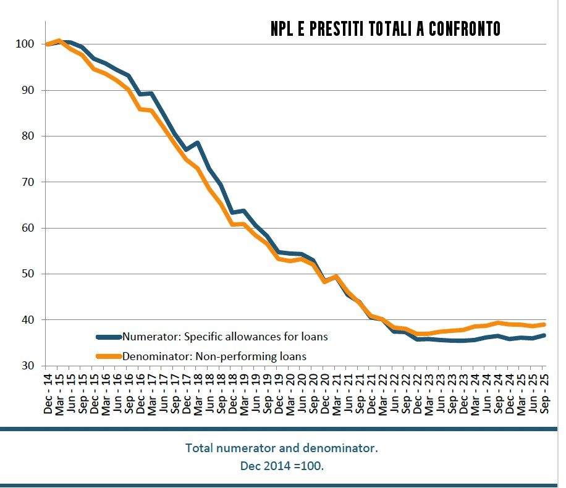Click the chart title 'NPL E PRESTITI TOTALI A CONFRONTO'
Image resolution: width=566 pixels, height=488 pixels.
pyautogui.click(x=385, y=29)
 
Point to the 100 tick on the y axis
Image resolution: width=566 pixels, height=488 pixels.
pyautogui.click(x=24, y=44)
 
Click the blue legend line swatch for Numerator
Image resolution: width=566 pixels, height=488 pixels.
pyautogui.click(x=109, y=337)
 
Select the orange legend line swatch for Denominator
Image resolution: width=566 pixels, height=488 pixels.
pyautogui.click(x=109, y=356)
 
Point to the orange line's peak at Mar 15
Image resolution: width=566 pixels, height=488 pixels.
pyautogui.click(x=59, y=41)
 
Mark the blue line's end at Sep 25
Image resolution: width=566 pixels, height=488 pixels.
pyautogui.click(x=544, y=335)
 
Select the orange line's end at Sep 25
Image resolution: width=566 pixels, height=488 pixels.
pyautogui.click(x=544, y=324)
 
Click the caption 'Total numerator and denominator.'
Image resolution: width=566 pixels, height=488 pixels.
pyautogui.click(x=281, y=448)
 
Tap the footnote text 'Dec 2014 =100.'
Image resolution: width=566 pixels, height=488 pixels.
pyautogui.click(x=281, y=465)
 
